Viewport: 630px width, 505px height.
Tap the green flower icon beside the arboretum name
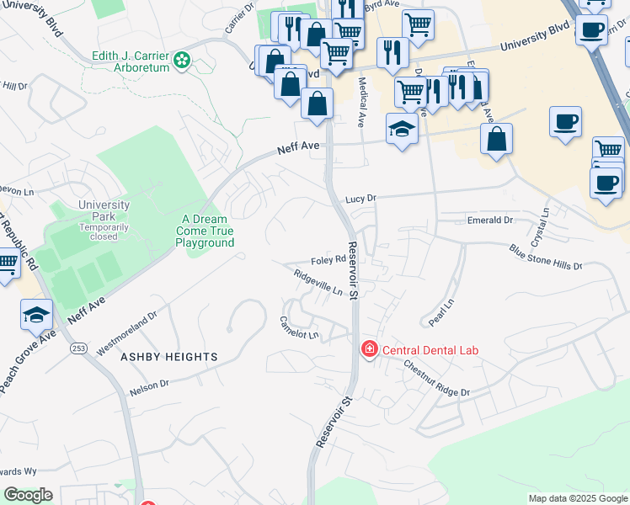pos(182,60)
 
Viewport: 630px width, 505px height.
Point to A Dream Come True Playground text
pos(204,231)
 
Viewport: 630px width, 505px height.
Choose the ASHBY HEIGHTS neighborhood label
pos(168,357)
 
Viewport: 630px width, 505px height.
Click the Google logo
pos(28,495)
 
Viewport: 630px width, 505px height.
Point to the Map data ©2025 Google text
pos(577,498)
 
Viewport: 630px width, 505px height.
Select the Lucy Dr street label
pos(360,199)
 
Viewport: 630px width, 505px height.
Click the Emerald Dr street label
pos(490,220)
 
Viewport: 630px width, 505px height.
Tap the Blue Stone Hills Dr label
pos(545,257)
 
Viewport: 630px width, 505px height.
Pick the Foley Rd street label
pos(328,261)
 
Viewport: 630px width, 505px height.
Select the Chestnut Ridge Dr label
pos(435,380)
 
